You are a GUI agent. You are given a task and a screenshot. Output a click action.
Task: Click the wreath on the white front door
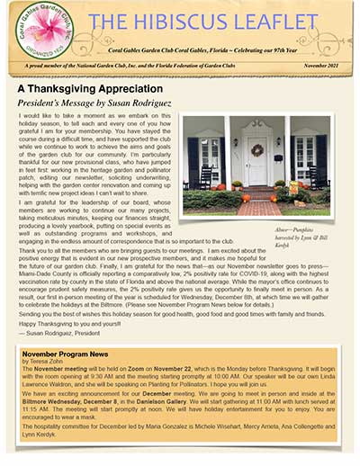(257, 150)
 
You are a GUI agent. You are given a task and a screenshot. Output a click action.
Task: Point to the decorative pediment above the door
(257, 123)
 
